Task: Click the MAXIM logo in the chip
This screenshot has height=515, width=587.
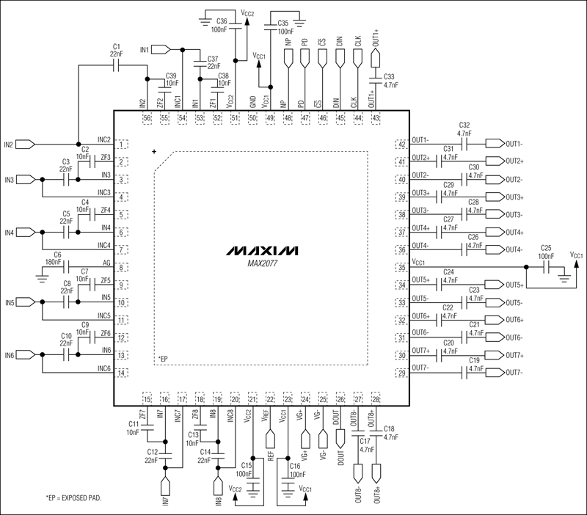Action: tap(261, 250)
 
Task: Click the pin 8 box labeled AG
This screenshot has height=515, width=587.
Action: tap(121, 269)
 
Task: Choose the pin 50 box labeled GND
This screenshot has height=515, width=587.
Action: tap(252, 117)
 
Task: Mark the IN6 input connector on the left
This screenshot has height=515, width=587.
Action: tap(23, 356)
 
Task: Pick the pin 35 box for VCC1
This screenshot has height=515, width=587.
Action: tap(401, 268)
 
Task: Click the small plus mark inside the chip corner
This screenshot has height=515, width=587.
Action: tap(154, 152)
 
